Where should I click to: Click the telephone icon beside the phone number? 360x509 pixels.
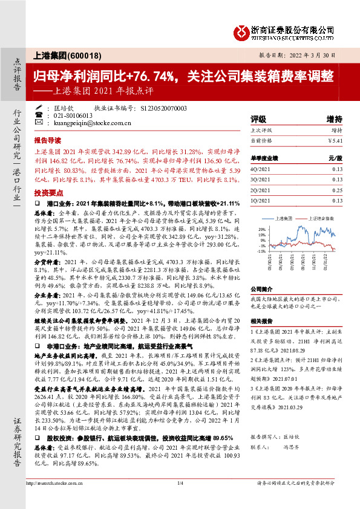click(39, 115)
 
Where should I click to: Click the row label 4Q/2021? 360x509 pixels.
click(261, 170)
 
